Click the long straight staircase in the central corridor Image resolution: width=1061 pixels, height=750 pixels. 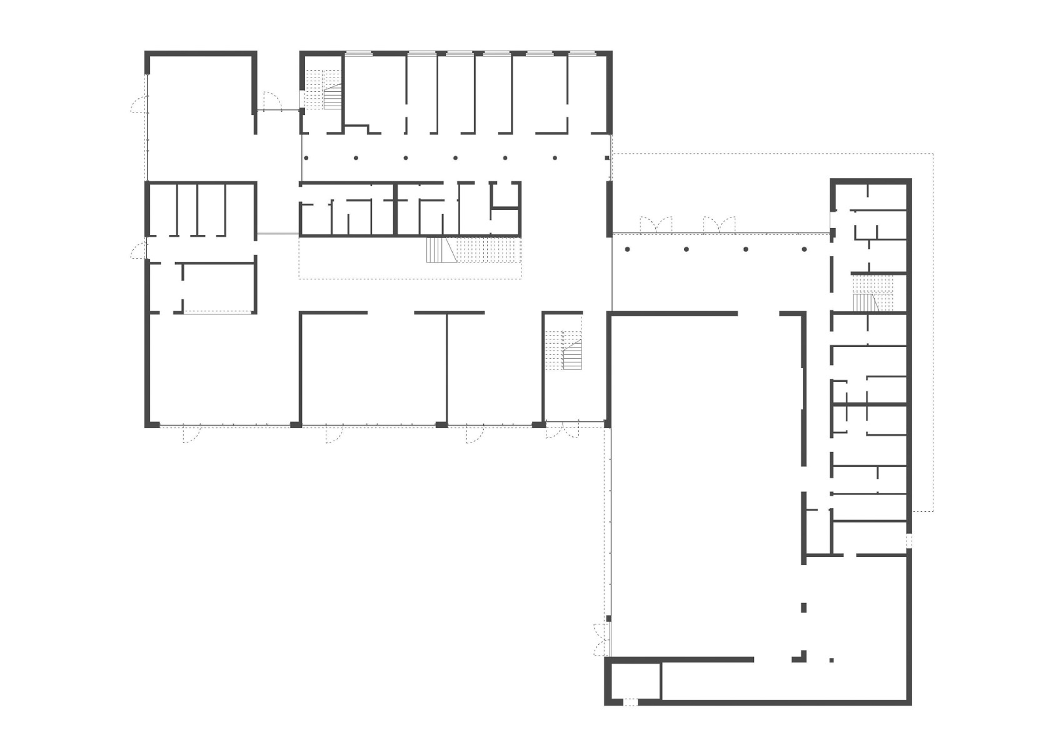coord(474,251)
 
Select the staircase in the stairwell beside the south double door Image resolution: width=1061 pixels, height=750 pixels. coord(563,350)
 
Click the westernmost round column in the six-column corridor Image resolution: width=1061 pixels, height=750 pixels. coord(306,158)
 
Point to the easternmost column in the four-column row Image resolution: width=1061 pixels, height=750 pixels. coord(805,249)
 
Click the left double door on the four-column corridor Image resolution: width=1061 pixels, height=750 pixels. coord(656,225)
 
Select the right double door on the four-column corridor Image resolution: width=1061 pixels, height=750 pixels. coord(719,225)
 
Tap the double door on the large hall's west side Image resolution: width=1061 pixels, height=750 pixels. coord(601,639)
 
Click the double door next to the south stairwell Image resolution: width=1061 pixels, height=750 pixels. coord(563,431)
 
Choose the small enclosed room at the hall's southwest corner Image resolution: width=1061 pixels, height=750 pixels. coord(635,681)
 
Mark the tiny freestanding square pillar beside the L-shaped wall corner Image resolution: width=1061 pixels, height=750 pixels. coord(831,660)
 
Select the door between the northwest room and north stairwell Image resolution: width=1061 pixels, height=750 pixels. coord(271,101)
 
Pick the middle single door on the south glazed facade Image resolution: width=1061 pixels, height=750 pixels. coord(334,434)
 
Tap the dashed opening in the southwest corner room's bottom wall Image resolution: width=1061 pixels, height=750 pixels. coord(631,702)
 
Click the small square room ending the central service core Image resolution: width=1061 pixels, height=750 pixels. coord(505,194)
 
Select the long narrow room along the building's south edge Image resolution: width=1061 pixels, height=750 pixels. coord(782,681)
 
